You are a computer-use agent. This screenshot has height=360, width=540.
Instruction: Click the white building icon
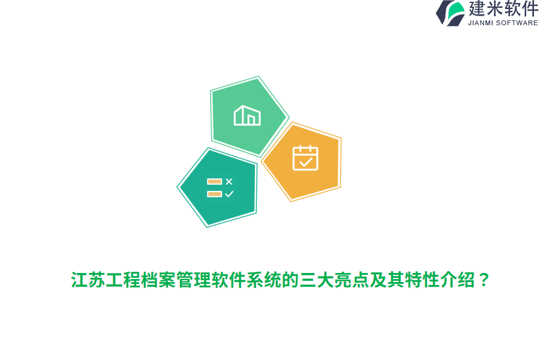pyautogui.click(x=247, y=115)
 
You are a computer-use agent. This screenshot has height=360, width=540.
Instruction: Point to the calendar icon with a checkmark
pyautogui.click(x=305, y=158)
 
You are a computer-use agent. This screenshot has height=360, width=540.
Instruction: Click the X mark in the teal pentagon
pyautogui.click(x=229, y=181)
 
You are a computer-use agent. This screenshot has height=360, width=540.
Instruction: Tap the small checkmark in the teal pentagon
pyautogui.click(x=229, y=194)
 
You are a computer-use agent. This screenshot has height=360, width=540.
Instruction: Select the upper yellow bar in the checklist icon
pyautogui.click(x=214, y=181)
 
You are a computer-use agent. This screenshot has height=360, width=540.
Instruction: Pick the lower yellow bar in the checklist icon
pyautogui.click(x=214, y=194)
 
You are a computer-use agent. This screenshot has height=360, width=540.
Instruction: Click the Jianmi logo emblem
pyautogui.click(x=450, y=13)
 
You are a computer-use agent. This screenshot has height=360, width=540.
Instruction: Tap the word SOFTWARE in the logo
pyautogui.click(x=517, y=23)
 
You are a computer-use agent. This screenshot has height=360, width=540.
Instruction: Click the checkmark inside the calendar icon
pyautogui.click(x=306, y=161)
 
